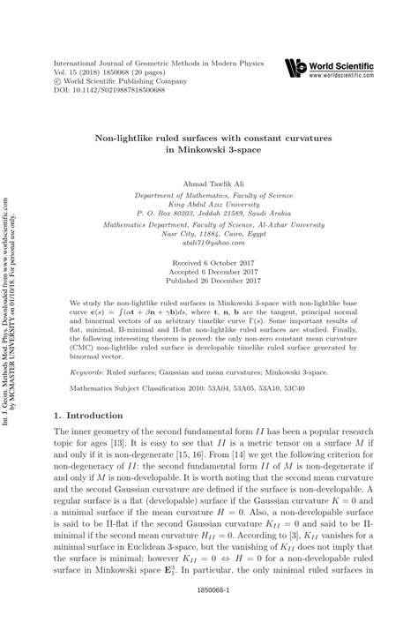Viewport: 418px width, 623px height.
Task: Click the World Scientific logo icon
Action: click(295, 66)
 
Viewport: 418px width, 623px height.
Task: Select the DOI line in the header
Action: click(109, 90)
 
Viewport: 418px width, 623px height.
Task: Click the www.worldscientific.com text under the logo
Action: click(340, 75)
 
